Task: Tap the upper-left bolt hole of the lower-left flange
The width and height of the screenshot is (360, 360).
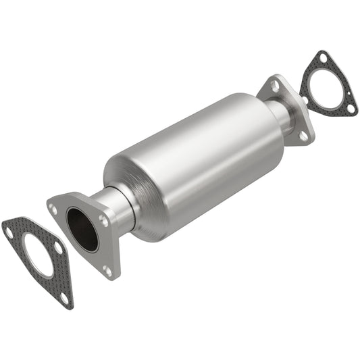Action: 54,209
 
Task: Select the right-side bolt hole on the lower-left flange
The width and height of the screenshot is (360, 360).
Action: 103,220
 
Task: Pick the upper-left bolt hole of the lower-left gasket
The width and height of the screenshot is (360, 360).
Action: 9,232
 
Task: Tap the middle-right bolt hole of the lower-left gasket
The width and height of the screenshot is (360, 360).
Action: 59,249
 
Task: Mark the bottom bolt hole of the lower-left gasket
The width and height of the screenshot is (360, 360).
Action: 63,296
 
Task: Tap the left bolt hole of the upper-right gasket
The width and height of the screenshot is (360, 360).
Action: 305,101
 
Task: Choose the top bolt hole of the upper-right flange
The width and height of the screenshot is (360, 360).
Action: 276,86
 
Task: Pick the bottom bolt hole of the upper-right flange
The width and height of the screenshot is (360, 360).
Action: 302,135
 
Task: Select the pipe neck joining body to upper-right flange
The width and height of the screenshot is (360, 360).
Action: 281,115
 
